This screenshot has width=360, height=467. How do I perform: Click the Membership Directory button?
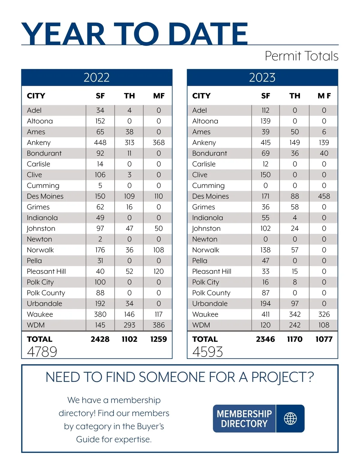(x=244, y=418)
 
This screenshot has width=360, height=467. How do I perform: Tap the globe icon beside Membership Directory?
(x=290, y=418)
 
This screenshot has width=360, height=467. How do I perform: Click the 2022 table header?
(x=97, y=77)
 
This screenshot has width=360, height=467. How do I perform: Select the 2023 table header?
(x=262, y=77)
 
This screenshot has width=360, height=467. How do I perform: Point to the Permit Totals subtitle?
(x=301, y=56)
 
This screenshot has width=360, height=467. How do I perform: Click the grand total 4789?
(x=42, y=352)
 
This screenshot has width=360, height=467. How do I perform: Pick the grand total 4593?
(x=208, y=352)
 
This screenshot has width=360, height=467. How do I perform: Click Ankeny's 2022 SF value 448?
(x=100, y=143)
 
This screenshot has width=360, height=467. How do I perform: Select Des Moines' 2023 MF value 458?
(x=324, y=196)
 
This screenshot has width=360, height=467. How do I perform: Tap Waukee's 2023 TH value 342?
(x=295, y=314)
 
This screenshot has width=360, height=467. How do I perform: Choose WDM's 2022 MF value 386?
(x=159, y=325)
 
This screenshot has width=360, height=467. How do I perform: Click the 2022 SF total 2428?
(x=100, y=339)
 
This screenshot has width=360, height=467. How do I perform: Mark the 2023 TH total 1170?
(x=295, y=339)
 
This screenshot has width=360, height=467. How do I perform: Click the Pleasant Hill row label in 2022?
(x=46, y=272)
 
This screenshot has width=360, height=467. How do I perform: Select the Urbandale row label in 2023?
(x=210, y=304)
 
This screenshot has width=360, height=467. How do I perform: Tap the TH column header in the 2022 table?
(x=129, y=96)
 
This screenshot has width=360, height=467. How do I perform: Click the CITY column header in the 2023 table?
(x=201, y=96)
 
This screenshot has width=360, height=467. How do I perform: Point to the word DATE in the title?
(x=208, y=34)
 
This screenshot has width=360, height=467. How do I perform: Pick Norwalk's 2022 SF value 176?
(x=100, y=250)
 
